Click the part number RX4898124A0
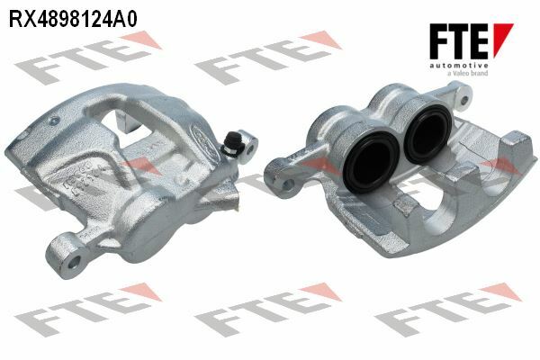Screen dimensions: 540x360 (x=73, y=19)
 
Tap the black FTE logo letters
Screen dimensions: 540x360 (x=459, y=41)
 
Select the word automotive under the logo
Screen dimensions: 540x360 (x=459, y=66)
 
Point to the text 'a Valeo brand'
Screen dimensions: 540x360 (x=467, y=73)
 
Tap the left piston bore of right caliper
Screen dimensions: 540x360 (x=372, y=162)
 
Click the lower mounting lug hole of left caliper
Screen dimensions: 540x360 (x=74, y=263)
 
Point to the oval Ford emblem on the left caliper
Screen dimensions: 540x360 (x=205, y=141)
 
